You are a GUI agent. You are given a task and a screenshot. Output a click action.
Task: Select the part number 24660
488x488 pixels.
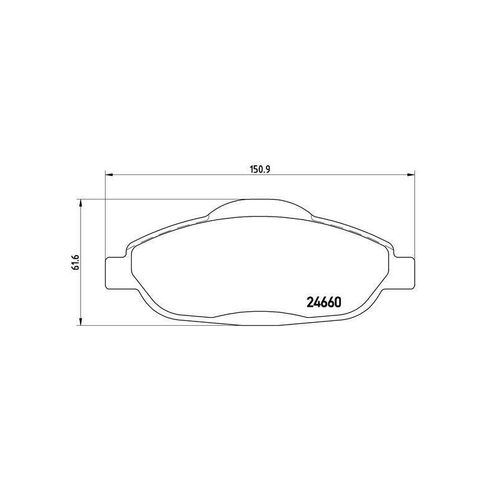point(325,302)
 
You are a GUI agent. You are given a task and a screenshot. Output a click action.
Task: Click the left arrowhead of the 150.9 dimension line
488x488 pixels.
point(109,174)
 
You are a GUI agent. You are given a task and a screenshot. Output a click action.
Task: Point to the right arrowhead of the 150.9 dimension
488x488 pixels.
point(411,174)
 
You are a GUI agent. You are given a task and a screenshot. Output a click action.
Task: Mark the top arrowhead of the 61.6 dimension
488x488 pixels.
point(81,203)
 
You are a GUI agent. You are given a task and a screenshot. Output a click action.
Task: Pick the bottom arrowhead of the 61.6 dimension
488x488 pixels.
point(81,322)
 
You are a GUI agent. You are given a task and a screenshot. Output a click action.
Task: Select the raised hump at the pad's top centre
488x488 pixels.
point(259,207)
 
